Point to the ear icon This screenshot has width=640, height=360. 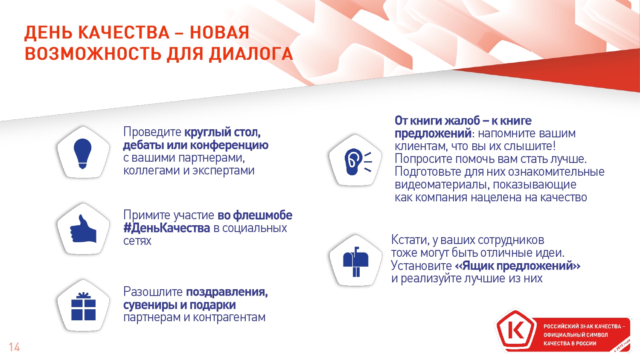[x=358, y=161]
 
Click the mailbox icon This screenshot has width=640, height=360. [x=356, y=261]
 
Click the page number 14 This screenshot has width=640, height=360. [x=14, y=347]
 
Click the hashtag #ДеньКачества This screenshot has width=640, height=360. [x=166, y=228]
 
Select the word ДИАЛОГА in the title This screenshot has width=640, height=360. [x=250, y=54]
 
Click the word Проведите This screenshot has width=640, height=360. [x=152, y=132]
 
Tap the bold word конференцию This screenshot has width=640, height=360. [x=229, y=145]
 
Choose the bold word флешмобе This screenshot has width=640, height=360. [x=262, y=215]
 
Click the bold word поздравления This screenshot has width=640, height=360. [x=227, y=292]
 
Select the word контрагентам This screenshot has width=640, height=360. [x=229, y=317]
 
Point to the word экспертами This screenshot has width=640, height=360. [x=224, y=171]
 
